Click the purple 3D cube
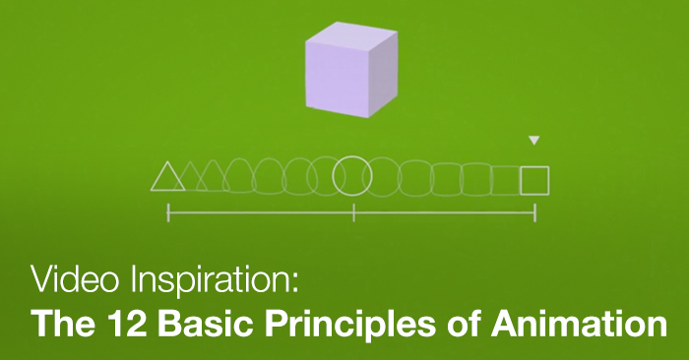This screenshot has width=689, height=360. (x=351, y=70)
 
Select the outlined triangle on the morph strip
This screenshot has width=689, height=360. (x=167, y=177)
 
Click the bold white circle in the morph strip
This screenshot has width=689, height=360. (x=352, y=176)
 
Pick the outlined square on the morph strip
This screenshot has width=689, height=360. (x=534, y=180)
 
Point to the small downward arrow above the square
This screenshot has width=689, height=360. (x=534, y=142)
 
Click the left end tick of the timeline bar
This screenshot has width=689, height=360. (x=168, y=211)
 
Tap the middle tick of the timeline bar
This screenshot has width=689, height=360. (x=353, y=211)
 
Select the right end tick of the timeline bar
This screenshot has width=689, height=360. (x=535, y=211)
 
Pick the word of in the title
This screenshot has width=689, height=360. (x=435, y=324)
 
